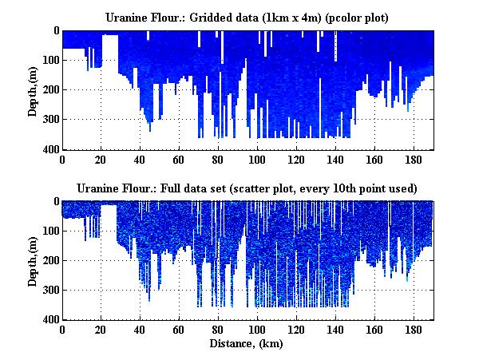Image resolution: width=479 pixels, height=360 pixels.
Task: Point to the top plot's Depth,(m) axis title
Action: (x=33, y=90)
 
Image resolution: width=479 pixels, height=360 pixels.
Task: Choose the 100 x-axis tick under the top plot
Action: (x=257, y=159)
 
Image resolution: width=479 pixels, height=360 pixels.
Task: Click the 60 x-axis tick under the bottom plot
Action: (x=180, y=330)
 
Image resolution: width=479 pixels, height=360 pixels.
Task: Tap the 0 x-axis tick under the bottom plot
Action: (x=62, y=330)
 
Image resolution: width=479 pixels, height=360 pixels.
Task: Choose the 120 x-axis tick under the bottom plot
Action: (x=296, y=330)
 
